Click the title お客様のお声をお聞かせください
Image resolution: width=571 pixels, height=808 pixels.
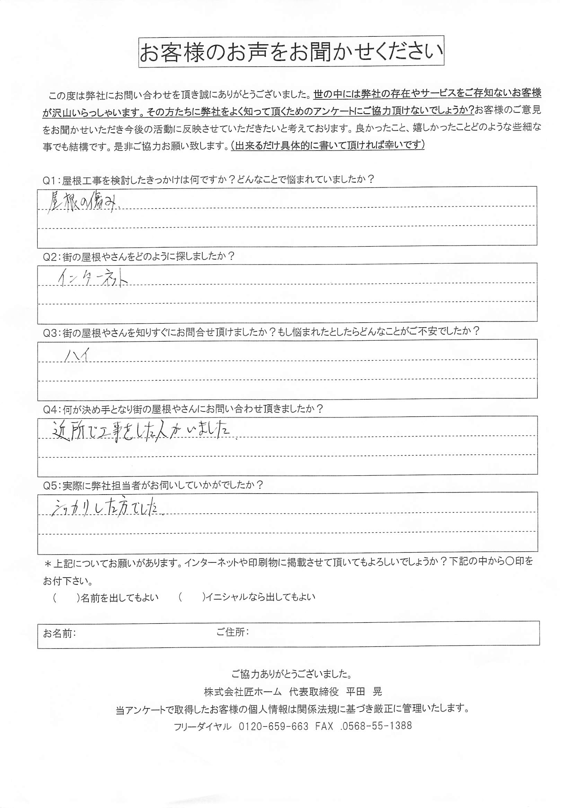(x=291, y=52)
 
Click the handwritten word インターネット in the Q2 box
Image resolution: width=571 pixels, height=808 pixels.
(x=92, y=280)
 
